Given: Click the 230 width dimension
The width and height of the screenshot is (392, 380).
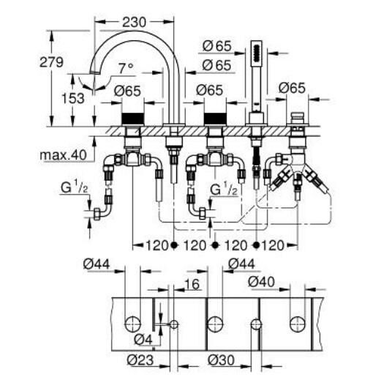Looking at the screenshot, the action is pos(134,22).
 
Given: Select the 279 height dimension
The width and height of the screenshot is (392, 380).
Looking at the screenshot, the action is pos(51,62).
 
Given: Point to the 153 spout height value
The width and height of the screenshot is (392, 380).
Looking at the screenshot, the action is pos(73,98).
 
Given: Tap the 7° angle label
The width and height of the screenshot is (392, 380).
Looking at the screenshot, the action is pos(126,68).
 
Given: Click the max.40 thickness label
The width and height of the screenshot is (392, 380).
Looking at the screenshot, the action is pos(63,155).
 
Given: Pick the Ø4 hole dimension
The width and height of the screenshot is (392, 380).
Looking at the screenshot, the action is pos(143,340).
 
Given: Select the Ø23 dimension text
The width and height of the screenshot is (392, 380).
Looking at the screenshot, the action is pos(140,360).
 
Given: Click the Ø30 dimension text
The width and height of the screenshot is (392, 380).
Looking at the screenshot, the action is pos(222,360).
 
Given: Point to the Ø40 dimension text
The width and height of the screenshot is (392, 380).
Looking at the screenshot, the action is pos(262,282).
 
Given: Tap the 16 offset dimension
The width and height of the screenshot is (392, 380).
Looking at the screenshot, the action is pos(192,284).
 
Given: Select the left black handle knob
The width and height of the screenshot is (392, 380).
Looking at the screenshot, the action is pos(133,118).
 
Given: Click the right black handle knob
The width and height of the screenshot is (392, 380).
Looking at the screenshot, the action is pos(215,118).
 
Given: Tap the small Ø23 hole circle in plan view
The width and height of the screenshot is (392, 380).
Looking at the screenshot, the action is pos(174,324).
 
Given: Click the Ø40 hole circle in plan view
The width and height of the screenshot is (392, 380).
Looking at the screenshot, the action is pos(298,324).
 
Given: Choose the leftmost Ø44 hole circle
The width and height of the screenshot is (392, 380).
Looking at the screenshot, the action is pos(132,324).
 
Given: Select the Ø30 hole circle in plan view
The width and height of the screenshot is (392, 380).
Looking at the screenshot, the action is pos(256,324).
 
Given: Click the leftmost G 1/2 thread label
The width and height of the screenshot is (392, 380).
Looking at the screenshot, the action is pos(75,187).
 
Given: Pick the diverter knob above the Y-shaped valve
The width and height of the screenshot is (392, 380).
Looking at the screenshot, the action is pos(297,118).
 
